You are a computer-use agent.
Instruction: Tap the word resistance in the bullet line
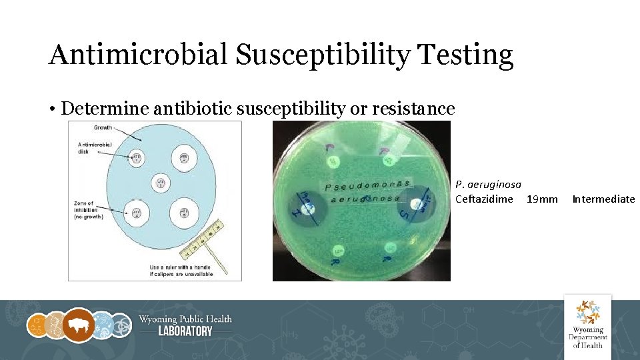point(413,109)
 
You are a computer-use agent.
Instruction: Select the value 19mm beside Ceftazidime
point(542,199)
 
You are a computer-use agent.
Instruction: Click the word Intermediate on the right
point(603,199)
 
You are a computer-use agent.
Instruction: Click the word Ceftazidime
point(484,199)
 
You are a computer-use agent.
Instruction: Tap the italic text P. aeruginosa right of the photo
point(488,184)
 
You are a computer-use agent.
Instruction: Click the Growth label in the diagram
point(103,127)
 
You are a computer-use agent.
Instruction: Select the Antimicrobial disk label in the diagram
point(95,147)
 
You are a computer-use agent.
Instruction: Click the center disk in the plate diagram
point(160,183)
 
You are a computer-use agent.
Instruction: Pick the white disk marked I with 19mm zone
point(306,209)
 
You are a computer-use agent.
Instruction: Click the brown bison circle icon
point(79,325)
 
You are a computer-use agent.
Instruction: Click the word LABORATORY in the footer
point(185,331)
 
